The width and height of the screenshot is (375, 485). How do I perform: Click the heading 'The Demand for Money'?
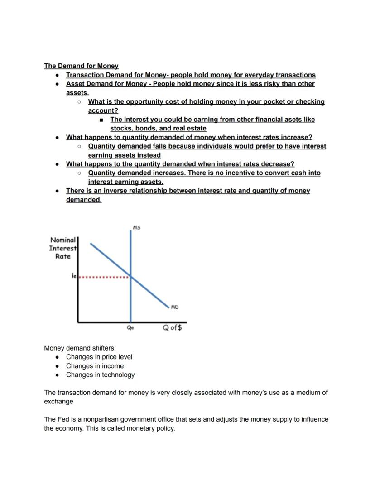click(81, 66)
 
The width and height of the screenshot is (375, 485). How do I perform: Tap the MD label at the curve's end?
click(174, 307)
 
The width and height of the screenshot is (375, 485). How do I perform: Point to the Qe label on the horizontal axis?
click(130, 328)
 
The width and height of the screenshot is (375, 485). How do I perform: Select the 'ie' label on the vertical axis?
click(74, 275)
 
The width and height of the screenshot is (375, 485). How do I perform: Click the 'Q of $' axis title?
click(173, 327)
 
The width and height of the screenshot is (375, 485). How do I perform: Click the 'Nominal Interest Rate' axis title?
click(63, 248)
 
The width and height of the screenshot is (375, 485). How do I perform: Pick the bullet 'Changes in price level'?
click(99, 357)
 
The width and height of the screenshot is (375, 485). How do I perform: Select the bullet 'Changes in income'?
click(95, 366)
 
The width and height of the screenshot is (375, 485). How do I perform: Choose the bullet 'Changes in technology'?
click(100, 375)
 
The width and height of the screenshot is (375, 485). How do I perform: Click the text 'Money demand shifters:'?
click(80, 348)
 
